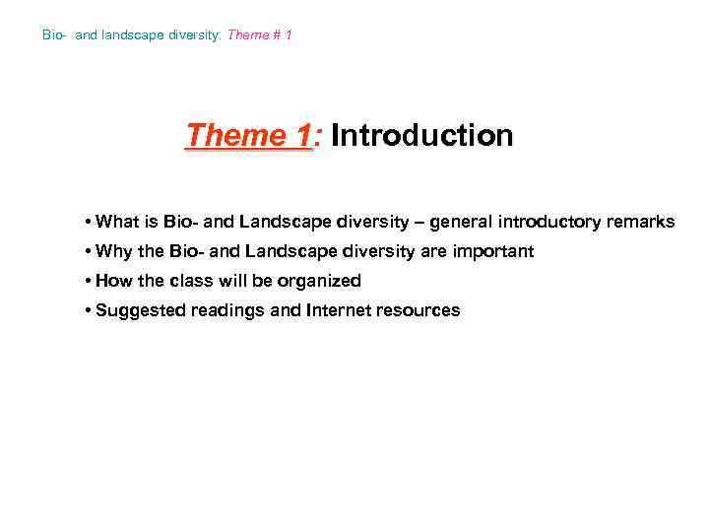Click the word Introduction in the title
click(x=422, y=135)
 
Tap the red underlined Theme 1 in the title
click(x=248, y=135)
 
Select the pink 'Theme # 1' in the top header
click(x=260, y=35)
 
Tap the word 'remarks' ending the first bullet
click(x=642, y=222)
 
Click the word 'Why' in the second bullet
click(x=114, y=251)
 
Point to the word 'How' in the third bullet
click(x=114, y=281)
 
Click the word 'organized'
click(x=318, y=281)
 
